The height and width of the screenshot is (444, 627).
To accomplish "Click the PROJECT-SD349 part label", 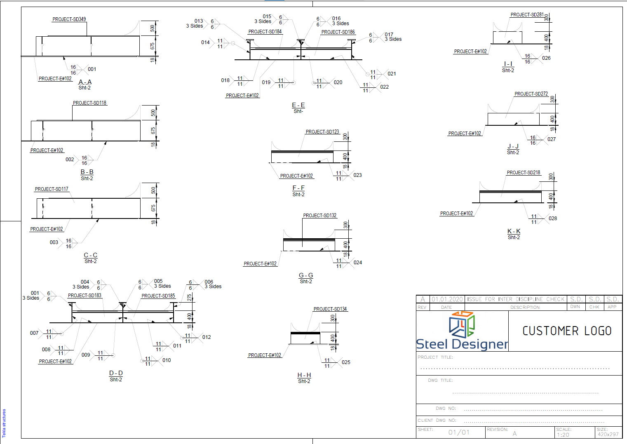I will [69, 19].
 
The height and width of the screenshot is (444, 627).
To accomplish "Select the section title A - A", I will [85, 82].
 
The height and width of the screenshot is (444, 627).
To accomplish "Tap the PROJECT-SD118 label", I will [89, 103].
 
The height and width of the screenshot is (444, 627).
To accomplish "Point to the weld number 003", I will [54, 242].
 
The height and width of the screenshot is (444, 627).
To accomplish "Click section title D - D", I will [116, 373].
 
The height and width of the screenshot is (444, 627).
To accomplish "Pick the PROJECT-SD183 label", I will [85, 296].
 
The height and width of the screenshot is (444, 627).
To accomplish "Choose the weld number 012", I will [207, 337].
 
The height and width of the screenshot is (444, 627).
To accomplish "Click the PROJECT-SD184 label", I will [265, 32].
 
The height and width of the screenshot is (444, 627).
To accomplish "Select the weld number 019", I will [266, 82].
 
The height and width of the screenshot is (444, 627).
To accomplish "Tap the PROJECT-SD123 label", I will [322, 132].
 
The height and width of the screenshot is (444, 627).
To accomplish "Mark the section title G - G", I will [306, 275].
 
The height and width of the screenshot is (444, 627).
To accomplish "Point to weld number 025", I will [346, 362].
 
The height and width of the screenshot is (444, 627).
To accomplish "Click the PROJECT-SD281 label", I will [527, 15].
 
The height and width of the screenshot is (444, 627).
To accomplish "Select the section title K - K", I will [514, 231].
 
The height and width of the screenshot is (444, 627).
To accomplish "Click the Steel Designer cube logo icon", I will [462, 324].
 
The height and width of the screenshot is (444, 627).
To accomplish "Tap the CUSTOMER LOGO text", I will [567, 331].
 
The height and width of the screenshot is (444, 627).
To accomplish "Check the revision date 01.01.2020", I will [447, 299].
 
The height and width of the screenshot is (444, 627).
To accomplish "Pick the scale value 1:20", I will [563, 435].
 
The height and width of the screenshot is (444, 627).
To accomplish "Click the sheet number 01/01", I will [459, 432].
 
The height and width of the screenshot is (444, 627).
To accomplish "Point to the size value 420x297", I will [608, 435].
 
